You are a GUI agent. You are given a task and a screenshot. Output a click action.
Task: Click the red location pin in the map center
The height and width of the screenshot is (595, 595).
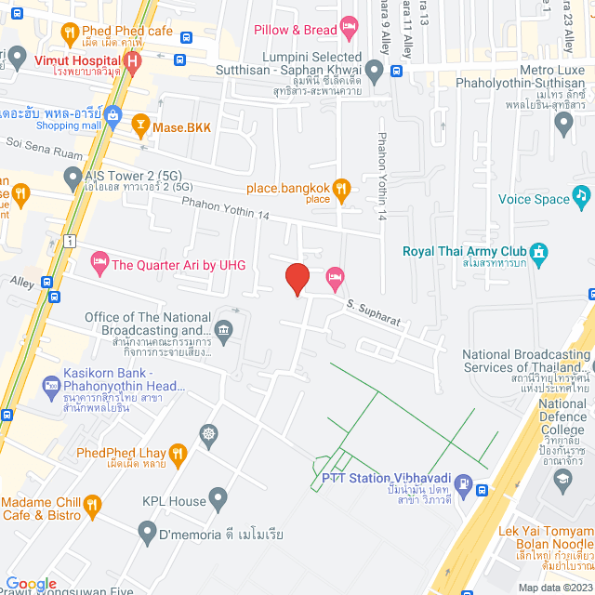(297, 278)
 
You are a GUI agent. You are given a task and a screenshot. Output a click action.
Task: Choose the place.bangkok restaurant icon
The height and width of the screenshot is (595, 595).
(341, 189)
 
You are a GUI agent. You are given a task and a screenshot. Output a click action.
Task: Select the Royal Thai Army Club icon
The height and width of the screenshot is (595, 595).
(537, 251)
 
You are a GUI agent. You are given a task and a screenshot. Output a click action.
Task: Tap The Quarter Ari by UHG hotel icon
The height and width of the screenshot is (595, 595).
(99, 261)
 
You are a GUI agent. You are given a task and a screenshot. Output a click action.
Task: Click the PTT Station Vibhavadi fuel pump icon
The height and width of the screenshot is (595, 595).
(481, 490)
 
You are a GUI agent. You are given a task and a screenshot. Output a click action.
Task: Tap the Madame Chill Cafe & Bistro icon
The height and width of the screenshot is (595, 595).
(92, 506)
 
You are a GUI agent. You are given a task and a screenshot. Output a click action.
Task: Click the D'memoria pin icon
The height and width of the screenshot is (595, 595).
(146, 533)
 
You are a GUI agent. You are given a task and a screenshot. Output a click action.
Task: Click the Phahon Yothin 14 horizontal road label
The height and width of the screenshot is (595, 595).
(226, 208)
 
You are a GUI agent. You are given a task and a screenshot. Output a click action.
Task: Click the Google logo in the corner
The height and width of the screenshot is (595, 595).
(31, 583)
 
